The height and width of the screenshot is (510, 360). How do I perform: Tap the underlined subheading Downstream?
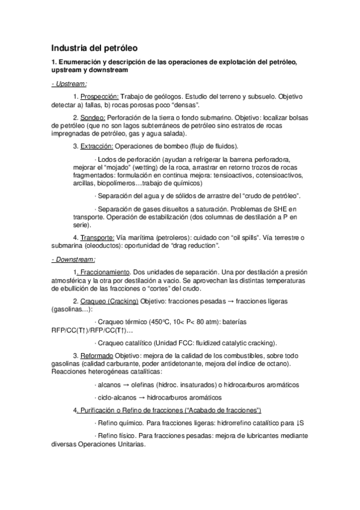coord(73,260)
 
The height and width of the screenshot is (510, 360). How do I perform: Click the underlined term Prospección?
coord(100,96)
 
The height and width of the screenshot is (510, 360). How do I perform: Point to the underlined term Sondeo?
coord(93,117)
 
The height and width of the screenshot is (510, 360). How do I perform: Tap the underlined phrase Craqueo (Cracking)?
coord(109,301)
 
